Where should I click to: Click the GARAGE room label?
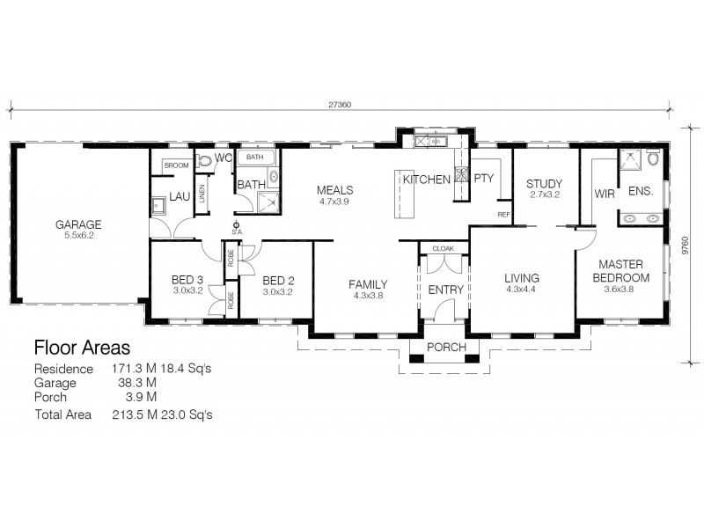(78, 224)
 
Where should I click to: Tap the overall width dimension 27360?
(340, 105)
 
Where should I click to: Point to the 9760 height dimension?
(685, 246)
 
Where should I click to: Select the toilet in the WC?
(204, 161)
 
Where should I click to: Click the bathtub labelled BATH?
(255, 158)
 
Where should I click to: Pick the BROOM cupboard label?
(177, 165)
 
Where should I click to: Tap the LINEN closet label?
(202, 194)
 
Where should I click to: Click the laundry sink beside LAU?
(158, 206)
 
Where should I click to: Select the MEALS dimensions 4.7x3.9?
(334, 202)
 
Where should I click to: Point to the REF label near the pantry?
(503, 215)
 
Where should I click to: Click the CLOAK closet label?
(444, 248)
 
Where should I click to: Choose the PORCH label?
(446, 347)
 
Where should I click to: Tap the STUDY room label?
(544, 183)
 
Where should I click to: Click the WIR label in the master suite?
(605, 194)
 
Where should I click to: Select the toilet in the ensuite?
(653, 158)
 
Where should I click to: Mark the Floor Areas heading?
(82, 348)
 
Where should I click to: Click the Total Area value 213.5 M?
(135, 414)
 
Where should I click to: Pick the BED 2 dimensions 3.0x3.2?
(278, 291)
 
